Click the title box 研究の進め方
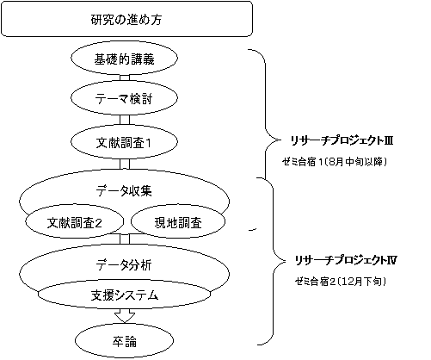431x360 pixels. (126, 19)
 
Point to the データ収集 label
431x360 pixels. (124, 190)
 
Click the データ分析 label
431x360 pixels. (124, 264)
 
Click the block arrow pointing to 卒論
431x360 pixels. (125, 315)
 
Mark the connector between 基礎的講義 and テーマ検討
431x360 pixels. (125, 78)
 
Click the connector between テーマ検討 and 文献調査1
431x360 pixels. (125, 120)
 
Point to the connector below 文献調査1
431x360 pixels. (125, 164)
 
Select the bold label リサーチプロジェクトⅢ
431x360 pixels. (342, 140)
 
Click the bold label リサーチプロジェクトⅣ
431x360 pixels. (346, 260)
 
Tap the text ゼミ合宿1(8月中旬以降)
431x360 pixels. (335, 162)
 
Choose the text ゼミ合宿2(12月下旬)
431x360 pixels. (341, 282)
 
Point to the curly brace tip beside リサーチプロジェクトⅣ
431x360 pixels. (286, 261)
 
